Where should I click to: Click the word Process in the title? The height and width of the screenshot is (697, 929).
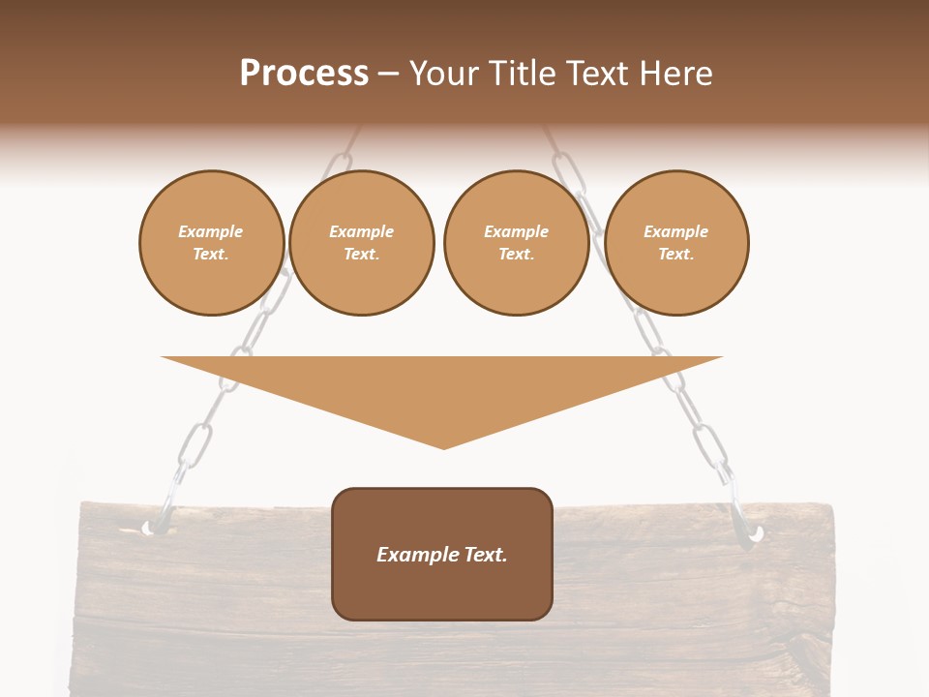[304, 74]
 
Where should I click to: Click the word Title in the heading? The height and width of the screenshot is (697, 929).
[521, 74]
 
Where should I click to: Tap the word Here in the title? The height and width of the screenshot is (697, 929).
[676, 74]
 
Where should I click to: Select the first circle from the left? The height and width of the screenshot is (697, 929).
[211, 243]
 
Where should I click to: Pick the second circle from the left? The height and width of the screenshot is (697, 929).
[361, 243]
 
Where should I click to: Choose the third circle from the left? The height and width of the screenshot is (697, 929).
[516, 243]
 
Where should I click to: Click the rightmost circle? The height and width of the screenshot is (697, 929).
[675, 243]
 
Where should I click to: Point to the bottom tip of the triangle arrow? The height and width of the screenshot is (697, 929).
[443, 448]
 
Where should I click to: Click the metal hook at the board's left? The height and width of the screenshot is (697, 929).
[156, 524]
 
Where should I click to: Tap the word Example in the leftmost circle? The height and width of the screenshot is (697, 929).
[211, 231]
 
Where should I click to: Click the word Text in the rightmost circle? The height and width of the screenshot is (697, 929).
[675, 254]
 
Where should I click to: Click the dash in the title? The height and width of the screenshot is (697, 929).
[389, 75]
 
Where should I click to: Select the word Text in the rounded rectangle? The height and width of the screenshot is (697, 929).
[484, 555]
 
